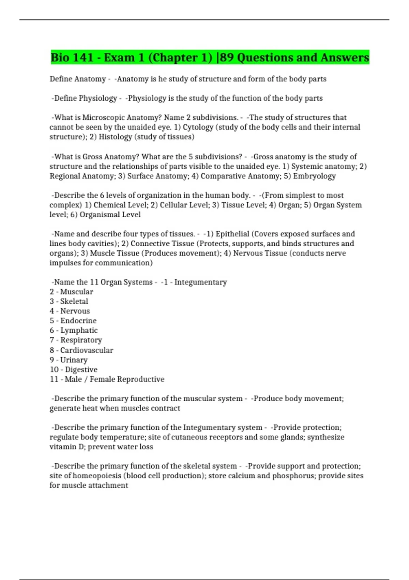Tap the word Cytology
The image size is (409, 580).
pyautogui.click(x=198, y=127)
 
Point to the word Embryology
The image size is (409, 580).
pyautogui.click(x=314, y=176)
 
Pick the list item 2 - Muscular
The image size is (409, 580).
pyautogui.click(x=71, y=292)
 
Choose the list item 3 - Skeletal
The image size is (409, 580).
pyautogui.click(x=69, y=301)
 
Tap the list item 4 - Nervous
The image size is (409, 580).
pyautogui.click(x=70, y=311)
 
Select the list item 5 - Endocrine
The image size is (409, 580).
pyautogui.click(x=73, y=321)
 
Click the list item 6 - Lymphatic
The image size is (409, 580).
pyautogui.click(x=74, y=330)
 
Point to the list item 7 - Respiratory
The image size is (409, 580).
pyautogui.click(x=76, y=340)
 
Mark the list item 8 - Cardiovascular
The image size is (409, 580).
pyautogui.click(x=81, y=350)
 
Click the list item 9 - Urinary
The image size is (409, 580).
pyautogui.click(x=69, y=360)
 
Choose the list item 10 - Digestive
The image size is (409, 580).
pyautogui.click(x=74, y=369)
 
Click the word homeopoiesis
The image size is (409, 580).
pyautogui.click(x=97, y=476)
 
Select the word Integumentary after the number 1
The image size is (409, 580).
pyautogui.click(x=200, y=282)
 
